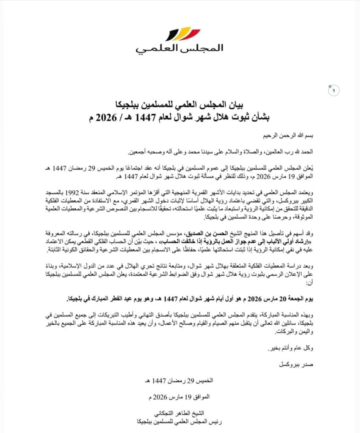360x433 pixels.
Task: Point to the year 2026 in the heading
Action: coord(109,115)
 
